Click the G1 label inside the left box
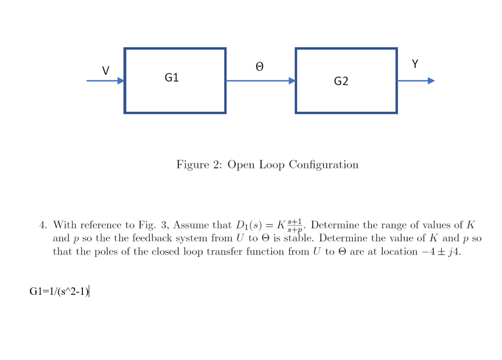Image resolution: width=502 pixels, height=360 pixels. coord(172,77)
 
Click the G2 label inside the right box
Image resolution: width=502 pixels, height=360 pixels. coord(341,81)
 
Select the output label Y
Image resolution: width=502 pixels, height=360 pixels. coord(415,64)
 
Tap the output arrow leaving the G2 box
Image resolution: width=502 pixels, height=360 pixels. coord(416,81)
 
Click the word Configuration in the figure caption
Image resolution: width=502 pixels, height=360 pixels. coord(324,165)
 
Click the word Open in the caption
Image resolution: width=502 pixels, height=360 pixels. coord(241,165)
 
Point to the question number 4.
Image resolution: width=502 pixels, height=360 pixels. coord(43,225)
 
